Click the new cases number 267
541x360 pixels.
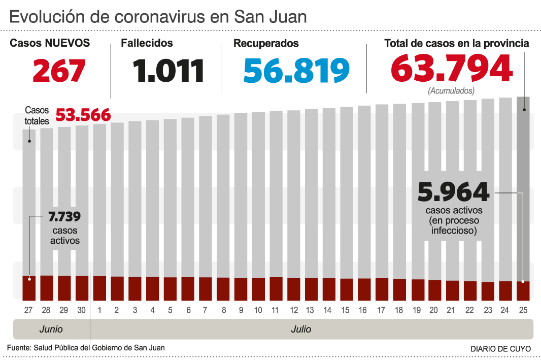pyautogui.click(x=59, y=71)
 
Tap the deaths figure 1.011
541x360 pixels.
pyautogui.click(x=169, y=71)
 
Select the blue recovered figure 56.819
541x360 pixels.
pyautogui.click(x=296, y=71)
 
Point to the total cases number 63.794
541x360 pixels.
pyautogui.click(x=451, y=69)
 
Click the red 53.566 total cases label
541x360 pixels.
pyautogui.click(x=83, y=115)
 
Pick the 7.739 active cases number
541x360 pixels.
pyautogui.click(x=64, y=217)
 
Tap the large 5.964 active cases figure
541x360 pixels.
pyautogui.click(x=453, y=192)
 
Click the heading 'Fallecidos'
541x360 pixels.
pyautogui.click(x=147, y=44)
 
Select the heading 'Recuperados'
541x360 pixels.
pyautogui.click(x=266, y=44)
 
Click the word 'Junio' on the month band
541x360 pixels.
pyautogui.click(x=51, y=329)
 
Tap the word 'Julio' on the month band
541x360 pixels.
pyautogui.click(x=301, y=329)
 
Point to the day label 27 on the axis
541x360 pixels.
pyautogui.click(x=29, y=310)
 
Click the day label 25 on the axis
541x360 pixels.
pyautogui.click(x=523, y=310)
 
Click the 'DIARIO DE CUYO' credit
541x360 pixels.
pyautogui.click(x=500, y=349)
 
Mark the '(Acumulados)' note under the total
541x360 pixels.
pyautogui.click(x=451, y=91)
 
